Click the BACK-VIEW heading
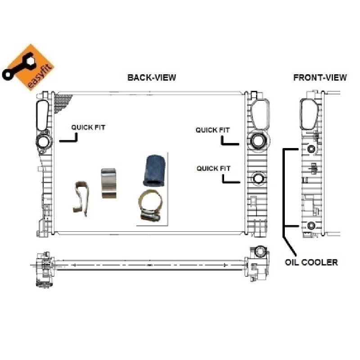[152, 77]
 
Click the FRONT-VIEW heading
[319, 77]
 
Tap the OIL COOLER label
[311, 262]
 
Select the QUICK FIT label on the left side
[88, 128]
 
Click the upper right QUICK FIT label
[212, 130]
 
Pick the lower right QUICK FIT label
[213, 168]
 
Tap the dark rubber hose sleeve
[153, 171]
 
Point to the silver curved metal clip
[108, 183]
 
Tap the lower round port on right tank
[259, 179]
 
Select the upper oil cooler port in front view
[311, 149]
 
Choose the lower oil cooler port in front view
[311, 225]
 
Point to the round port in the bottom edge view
[260, 251]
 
